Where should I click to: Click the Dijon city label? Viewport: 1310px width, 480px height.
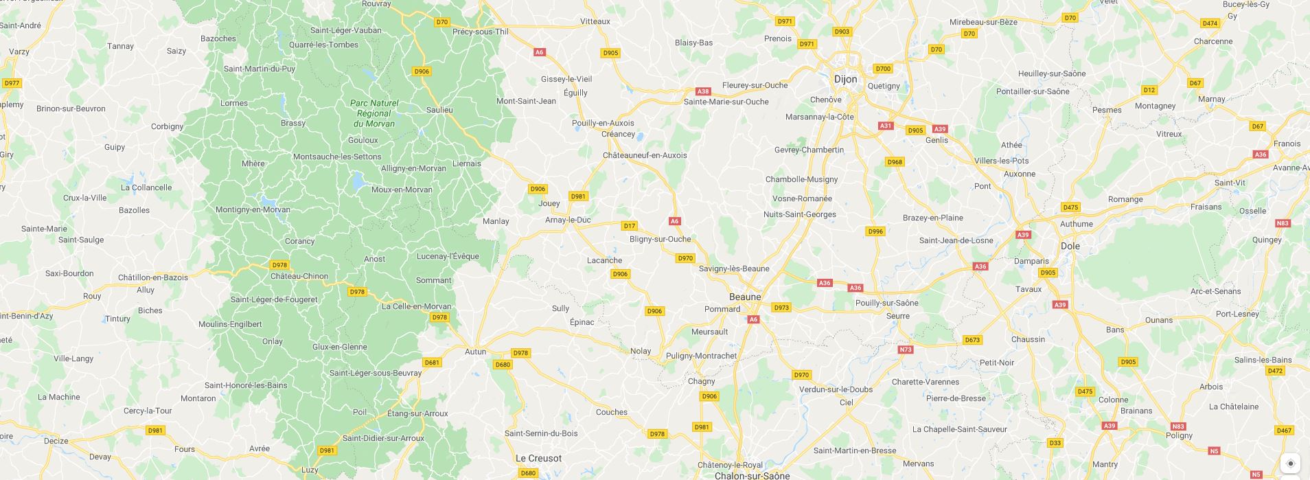[845, 79]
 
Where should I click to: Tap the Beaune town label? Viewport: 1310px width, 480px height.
[744, 297]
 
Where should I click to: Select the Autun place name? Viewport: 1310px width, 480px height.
[475, 352]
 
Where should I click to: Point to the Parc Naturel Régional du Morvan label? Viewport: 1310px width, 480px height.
[374, 113]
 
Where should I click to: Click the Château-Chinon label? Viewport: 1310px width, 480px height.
[299, 276]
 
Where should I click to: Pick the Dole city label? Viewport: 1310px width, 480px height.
[1070, 246]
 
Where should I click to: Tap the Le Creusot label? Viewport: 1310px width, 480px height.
[538, 458]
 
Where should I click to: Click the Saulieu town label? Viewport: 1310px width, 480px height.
[439, 110]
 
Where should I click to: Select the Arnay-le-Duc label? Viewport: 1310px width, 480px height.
[568, 220]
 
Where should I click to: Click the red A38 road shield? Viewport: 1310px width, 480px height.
[702, 91]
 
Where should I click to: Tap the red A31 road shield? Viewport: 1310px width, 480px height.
[886, 126]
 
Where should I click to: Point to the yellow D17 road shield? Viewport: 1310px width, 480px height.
[629, 225]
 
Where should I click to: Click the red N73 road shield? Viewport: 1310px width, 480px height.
[906, 350]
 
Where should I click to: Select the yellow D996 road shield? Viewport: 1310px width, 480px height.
[875, 231]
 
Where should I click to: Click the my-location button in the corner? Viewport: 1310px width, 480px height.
[1290, 463]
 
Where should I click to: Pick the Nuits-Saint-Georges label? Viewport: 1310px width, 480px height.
[799, 214]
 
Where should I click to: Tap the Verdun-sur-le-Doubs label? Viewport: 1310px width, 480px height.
[836, 389]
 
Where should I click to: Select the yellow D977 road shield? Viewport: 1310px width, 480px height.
[12, 83]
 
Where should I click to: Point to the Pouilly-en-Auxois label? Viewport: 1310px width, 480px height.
[603, 123]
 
